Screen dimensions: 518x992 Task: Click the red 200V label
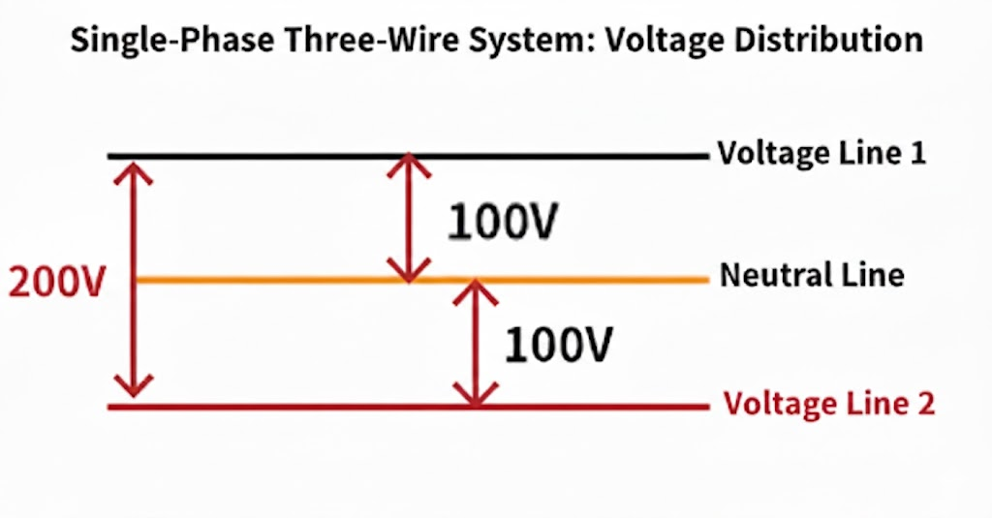[55, 283]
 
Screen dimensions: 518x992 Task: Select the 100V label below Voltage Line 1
[501, 222]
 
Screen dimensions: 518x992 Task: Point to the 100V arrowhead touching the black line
[408, 166]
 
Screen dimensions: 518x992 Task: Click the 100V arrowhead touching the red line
[474, 395]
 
